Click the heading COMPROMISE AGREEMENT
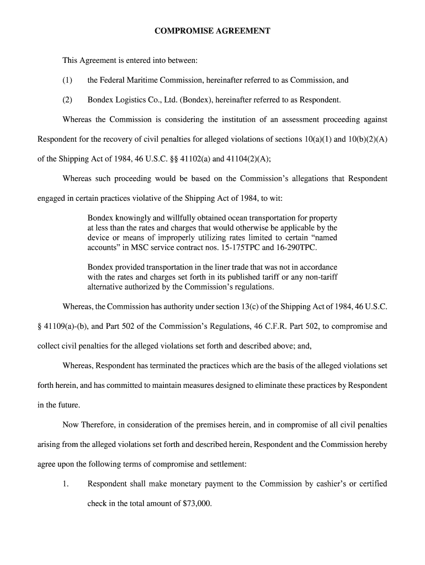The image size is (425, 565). tap(212, 31)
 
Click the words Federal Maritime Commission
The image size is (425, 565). tap(146, 80)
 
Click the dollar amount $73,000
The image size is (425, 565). tap(196, 504)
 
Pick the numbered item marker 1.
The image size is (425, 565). tap(66, 484)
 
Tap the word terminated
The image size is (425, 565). tap(178, 365)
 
